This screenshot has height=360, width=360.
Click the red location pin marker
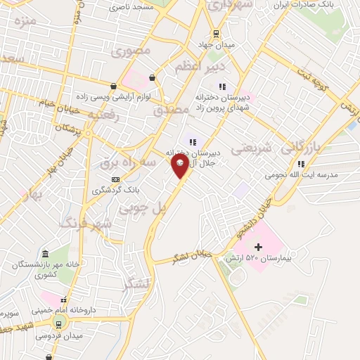pos(180,165)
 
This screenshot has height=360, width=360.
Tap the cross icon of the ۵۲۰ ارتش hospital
pos(258,247)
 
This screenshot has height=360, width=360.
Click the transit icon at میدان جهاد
pos(215,34)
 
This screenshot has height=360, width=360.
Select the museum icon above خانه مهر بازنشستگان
pos(46,254)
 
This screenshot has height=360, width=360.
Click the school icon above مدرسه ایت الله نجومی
pos(301,164)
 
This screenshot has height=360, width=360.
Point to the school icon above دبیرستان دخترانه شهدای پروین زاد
pos(222,86)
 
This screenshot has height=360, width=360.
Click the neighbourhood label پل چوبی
pos(144,208)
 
